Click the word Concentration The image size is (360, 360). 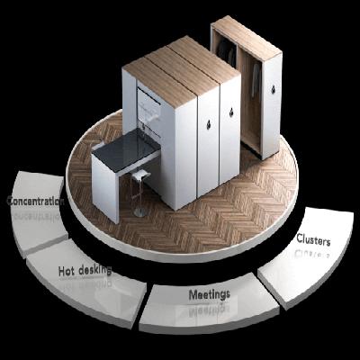click(x=33, y=202)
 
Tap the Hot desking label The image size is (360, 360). click(x=85, y=270)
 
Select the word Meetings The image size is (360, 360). click(x=209, y=294)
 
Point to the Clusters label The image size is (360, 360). click(x=313, y=240)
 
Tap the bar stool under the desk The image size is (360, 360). click(x=140, y=184)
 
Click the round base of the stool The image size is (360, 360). click(x=141, y=212)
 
